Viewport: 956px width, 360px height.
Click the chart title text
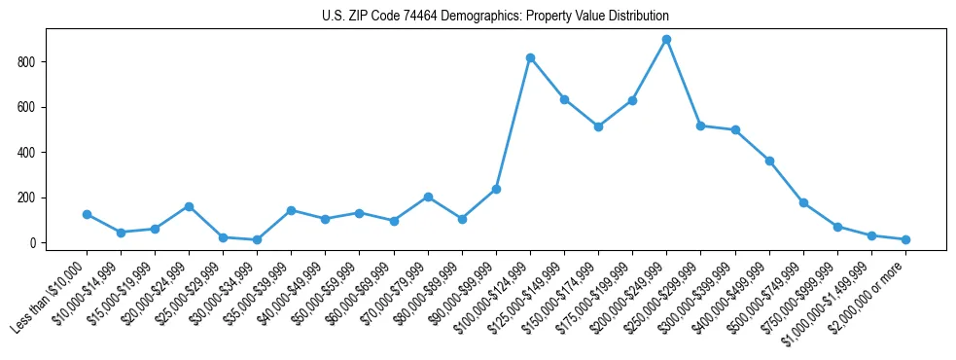(495, 17)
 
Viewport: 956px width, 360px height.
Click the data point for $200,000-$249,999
(666, 40)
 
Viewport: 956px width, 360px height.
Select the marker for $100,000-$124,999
(530, 57)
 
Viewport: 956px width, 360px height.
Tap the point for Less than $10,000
(87, 214)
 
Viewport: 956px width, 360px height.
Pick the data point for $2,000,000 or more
(905, 239)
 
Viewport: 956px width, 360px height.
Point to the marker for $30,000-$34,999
(257, 239)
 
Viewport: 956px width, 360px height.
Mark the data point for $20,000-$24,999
(189, 206)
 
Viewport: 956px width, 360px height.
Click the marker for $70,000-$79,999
(428, 197)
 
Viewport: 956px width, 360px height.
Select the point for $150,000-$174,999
(598, 126)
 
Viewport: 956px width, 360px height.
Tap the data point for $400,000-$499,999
(769, 161)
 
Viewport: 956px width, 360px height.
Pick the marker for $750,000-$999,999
(837, 227)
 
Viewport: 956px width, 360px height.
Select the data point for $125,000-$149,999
(564, 99)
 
